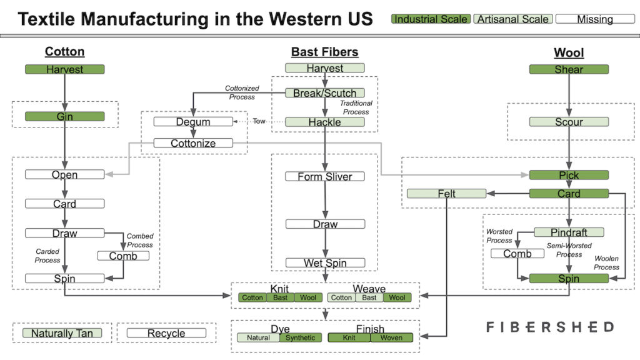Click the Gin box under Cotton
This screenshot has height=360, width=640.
tap(64, 116)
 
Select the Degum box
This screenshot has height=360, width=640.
tap(193, 122)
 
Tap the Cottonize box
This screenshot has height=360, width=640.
tap(193, 143)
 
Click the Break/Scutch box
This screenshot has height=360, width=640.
tap(325, 93)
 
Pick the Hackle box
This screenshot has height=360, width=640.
tap(325, 122)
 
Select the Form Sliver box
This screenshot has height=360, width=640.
tap(325, 176)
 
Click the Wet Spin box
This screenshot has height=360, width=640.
tap(325, 263)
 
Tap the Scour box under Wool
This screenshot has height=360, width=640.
tap(569, 122)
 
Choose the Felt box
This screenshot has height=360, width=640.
tap(446, 194)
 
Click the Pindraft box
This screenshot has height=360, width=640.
tap(569, 232)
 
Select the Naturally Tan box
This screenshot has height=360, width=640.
tap(61, 333)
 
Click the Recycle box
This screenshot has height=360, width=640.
tap(166, 333)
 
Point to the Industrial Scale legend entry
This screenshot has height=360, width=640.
tap(431, 19)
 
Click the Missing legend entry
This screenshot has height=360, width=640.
tap(594, 19)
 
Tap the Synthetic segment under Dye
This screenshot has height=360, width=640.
tap(301, 338)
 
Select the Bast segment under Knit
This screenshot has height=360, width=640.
tap(280, 297)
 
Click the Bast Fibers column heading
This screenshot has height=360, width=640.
tap(324, 52)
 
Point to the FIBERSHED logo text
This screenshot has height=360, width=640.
tap(550, 327)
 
